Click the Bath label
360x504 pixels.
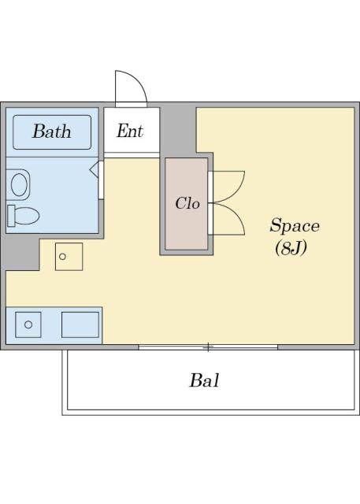pos(52,132)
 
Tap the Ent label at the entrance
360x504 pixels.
pos(130,131)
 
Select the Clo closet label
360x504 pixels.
pos(187,203)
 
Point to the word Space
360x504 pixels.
pos(295,226)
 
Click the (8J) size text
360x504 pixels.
pos(291,248)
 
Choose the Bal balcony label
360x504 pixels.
pos(205,380)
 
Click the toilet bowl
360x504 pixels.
pos(27,216)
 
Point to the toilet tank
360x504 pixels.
pos(11,216)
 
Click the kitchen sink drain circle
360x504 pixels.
pos(28,324)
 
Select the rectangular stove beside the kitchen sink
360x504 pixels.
pos(80,324)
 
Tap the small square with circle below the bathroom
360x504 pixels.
pos(69,257)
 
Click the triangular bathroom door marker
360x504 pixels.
pos(94,169)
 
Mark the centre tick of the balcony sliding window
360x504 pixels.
pos(208,347)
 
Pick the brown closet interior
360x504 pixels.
pos(187,204)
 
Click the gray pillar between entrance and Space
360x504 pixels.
pos(178,129)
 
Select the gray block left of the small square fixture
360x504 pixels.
pos(22,254)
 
